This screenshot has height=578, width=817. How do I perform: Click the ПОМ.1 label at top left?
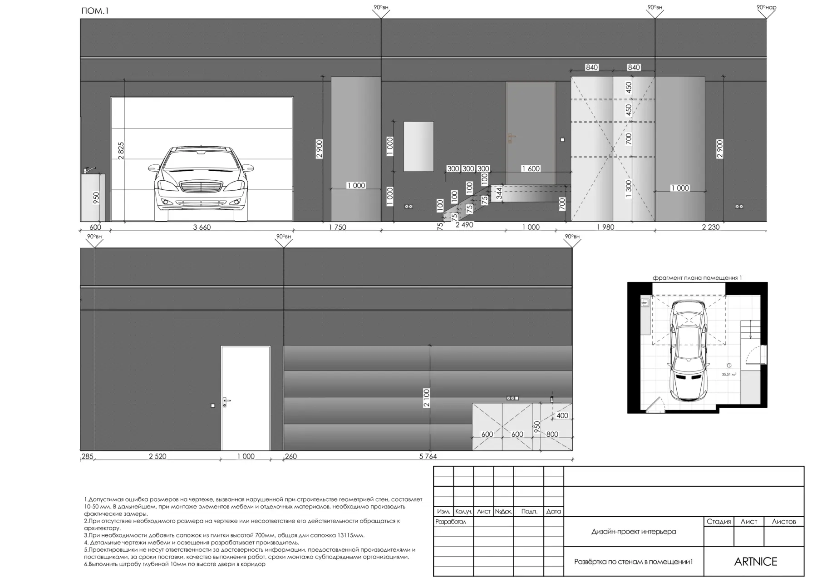click(95, 11)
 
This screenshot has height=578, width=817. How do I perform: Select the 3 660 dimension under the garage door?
click(202, 227)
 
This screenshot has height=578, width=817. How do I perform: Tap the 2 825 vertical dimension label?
click(121, 151)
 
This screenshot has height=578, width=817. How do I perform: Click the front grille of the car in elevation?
click(202, 188)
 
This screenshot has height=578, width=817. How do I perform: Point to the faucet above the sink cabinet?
click(89, 169)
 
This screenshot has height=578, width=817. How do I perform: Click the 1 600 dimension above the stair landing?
click(531, 168)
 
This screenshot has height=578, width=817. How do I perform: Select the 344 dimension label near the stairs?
click(499, 194)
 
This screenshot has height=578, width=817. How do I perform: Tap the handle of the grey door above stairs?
click(512, 136)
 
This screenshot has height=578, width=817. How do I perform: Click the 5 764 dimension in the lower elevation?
click(428, 456)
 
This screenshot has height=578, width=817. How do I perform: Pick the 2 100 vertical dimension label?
click(427, 398)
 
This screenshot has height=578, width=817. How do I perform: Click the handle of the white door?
click(226, 401)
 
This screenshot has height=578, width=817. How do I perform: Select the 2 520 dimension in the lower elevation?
click(157, 456)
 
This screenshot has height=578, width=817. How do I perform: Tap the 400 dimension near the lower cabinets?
click(562, 415)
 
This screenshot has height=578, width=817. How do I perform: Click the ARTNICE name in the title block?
click(756, 562)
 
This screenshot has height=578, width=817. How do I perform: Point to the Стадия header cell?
click(719, 522)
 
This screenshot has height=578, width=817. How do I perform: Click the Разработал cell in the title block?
click(451, 522)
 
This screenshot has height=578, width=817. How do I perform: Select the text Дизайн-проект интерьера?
click(634, 532)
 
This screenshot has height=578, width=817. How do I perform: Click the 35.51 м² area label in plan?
click(728, 375)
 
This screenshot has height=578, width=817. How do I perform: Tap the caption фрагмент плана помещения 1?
click(697, 277)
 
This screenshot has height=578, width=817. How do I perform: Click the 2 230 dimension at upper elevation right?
click(711, 227)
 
